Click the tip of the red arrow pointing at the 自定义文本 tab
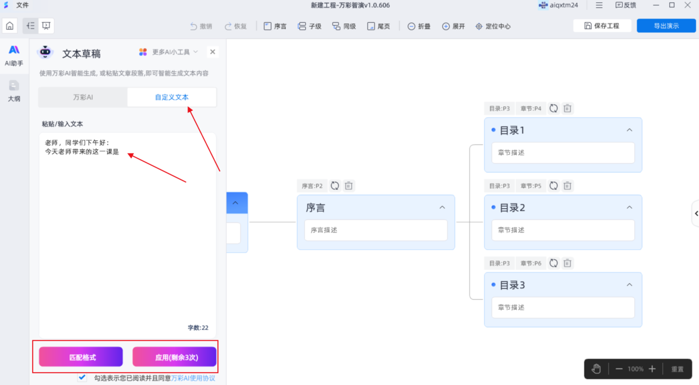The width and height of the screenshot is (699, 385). [188, 107]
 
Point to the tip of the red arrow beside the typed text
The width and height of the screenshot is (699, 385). [128, 154]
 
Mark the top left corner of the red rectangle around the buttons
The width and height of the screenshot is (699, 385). [33, 341]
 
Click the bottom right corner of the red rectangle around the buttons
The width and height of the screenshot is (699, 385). [218, 373]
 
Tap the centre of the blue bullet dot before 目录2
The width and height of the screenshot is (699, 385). [493, 207]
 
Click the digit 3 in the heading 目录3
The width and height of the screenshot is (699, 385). [521, 285]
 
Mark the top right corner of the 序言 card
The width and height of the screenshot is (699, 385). [455, 195]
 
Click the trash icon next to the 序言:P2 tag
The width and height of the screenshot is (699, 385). [348, 186]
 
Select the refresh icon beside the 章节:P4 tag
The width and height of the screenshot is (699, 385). [553, 108]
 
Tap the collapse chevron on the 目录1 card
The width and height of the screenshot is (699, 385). [630, 130]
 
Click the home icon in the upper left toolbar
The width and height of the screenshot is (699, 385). [10, 26]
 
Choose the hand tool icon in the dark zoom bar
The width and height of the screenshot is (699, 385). [596, 369]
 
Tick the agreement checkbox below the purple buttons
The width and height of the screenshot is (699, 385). [82, 377]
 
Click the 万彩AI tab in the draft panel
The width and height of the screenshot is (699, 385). [83, 97]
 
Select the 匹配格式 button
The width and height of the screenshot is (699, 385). [81, 357]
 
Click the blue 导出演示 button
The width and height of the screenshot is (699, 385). [666, 26]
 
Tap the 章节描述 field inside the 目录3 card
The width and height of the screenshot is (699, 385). [563, 308]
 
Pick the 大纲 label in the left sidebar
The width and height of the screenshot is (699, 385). [14, 99]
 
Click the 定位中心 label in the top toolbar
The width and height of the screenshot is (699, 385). [498, 26]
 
